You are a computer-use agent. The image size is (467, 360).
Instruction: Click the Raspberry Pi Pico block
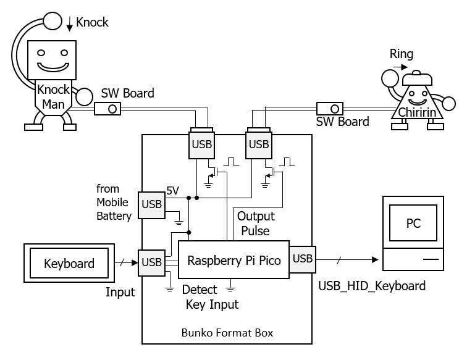233,260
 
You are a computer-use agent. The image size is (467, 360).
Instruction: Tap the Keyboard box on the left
69,264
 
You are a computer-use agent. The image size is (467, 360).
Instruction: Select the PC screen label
413,223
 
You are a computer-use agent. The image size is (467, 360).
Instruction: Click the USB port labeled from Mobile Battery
152,204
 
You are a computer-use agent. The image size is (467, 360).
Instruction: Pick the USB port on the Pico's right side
302,259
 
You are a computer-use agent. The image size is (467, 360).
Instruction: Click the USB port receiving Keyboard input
152,262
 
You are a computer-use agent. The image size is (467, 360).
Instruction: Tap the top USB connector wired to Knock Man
202,144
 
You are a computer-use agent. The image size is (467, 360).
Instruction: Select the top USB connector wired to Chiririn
258,144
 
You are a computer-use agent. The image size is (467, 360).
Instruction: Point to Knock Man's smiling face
53,59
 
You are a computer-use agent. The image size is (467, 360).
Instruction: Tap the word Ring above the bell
401,54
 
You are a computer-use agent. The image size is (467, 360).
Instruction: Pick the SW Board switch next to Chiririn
329,107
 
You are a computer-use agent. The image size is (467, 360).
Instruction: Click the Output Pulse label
256,224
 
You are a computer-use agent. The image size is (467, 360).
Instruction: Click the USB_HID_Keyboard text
371,286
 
